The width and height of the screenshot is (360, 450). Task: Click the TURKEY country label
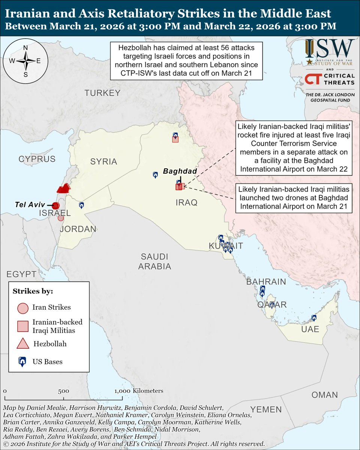102,93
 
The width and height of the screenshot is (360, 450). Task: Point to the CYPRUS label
37,159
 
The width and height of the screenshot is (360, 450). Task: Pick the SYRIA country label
103,162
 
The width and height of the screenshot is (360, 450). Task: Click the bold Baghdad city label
180,171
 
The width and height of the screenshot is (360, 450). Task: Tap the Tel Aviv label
30,205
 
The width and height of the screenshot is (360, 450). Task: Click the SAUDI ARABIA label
154,261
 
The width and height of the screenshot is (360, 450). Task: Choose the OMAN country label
324,395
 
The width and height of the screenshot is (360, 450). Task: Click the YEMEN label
266,409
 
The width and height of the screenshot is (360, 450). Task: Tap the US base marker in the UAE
314,318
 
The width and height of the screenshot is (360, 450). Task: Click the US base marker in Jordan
81,205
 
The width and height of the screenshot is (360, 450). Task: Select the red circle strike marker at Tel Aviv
55,205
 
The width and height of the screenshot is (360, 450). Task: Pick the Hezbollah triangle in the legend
23,343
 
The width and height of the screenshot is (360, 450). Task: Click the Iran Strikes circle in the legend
23,308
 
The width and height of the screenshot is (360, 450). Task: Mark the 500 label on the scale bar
63,391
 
